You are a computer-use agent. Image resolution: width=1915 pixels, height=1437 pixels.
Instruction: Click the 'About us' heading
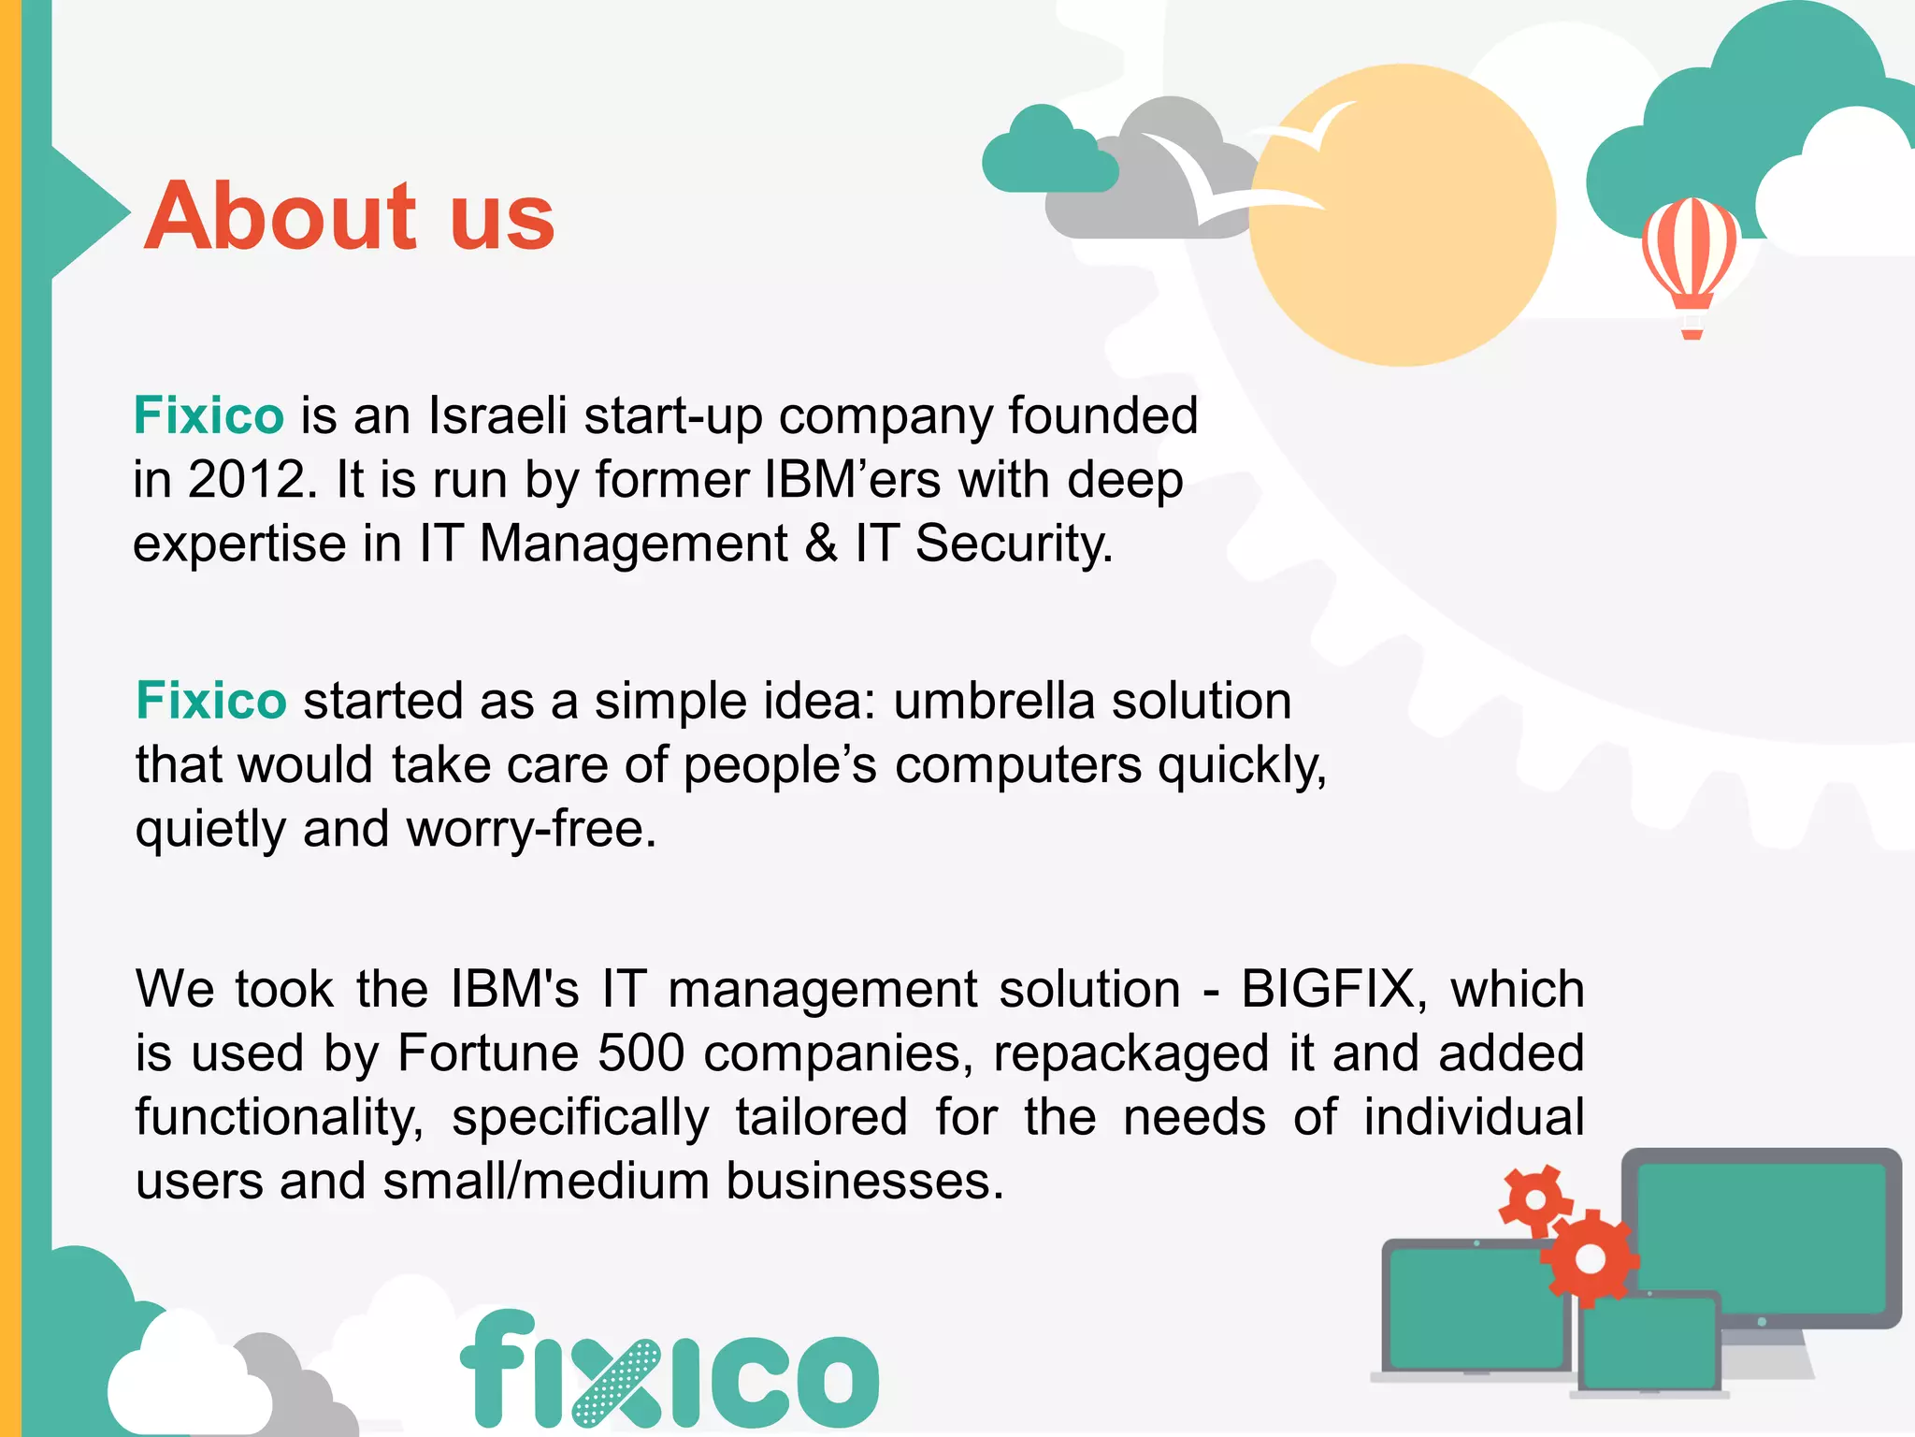350,216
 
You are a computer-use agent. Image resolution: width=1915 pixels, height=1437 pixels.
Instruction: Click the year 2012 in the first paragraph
247,480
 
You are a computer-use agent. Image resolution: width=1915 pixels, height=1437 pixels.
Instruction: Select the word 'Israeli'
497,415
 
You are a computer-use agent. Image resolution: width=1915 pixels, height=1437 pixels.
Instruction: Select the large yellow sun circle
1403,215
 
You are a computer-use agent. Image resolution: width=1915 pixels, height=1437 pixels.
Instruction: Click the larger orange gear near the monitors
1590,1258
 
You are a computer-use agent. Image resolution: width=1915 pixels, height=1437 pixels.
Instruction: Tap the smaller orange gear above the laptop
1534,1200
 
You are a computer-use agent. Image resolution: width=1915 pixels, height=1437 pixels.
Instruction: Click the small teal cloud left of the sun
1047,154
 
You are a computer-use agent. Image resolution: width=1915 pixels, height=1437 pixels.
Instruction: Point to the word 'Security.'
1015,544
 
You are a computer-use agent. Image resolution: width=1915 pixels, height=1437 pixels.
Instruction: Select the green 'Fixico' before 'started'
211,701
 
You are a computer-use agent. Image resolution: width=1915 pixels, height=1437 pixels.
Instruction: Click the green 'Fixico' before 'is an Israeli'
209,415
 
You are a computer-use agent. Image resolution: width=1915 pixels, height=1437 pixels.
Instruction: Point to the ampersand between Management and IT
821,544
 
